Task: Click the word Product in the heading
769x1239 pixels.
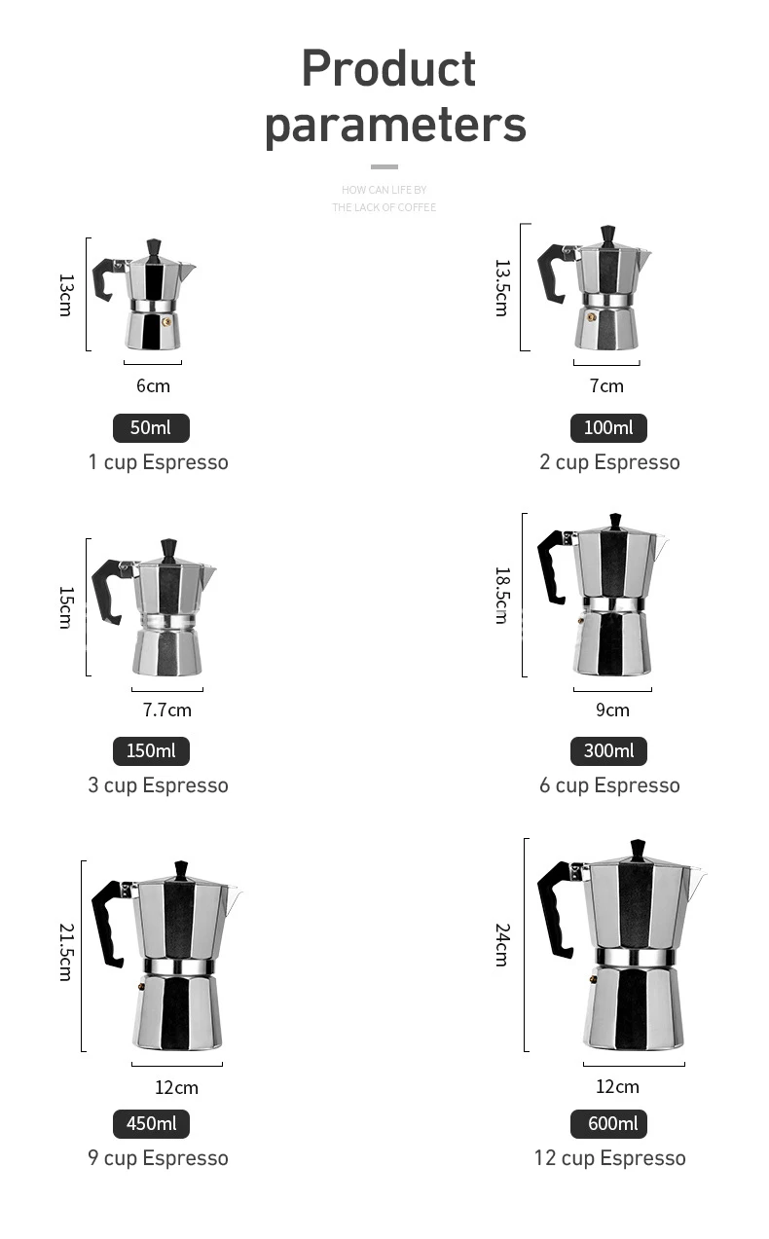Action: (x=388, y=69)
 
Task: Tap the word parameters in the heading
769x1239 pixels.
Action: (x=395, y=126)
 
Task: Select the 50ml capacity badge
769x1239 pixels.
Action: (x=151, y=427)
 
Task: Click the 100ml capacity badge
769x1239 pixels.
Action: (x=608, y=427)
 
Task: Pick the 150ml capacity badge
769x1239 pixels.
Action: (x=151, y=750)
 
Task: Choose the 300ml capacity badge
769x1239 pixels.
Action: (x=608, y=750)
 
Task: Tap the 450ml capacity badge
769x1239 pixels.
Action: (x=151, y=1123)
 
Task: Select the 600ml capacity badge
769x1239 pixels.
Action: (x=608, y=1123)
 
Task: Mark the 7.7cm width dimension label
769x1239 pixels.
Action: (x=167, y=710)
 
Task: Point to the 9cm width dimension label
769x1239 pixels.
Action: (x=612, y=710)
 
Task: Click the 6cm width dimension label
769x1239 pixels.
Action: (x=153, y=385)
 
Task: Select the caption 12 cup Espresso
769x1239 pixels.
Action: (x=609, y=1157)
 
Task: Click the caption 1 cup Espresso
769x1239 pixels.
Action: (x=158, y=461)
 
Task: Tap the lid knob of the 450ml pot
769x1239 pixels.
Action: (x=180, y=869)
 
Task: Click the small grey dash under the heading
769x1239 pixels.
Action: (x=384, y=166)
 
